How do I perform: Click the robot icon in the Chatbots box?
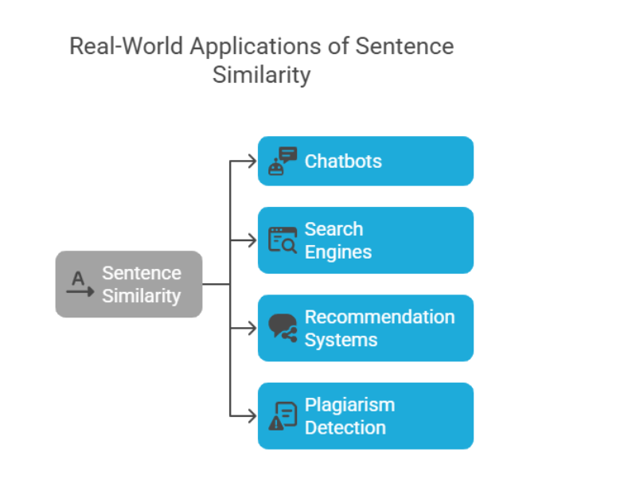tap(282, 161)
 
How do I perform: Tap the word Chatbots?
tap(343, 161)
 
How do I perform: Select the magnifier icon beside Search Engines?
tap(282, 240)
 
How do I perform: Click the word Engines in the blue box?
tap(338, 252)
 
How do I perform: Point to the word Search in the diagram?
tap(333, 229)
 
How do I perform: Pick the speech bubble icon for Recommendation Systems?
tap(282, 328)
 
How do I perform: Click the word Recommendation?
tap(380, 317)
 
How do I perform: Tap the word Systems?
tap(341, 340)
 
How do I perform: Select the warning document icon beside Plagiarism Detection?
tap(282, 415)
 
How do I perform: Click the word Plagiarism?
tap(349, 404)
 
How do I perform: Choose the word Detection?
tap(345, 427)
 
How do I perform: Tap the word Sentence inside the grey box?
tap(142, 273)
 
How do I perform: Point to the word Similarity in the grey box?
tap(142, 296)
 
